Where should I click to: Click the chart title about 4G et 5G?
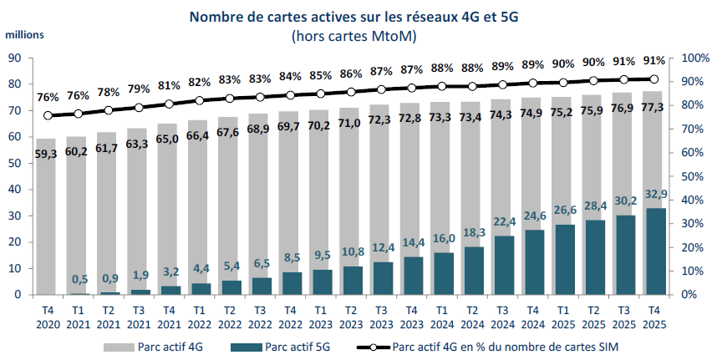pos(354,16)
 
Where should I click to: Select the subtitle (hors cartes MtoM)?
pos(354,36)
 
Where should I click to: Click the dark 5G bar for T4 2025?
pos(655,251)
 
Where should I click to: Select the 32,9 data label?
pos(655,194)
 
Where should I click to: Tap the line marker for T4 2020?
pos(48,115)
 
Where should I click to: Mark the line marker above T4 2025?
pos(655,79)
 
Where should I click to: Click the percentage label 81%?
pos(170,85)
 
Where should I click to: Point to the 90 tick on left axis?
pos(15,58)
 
